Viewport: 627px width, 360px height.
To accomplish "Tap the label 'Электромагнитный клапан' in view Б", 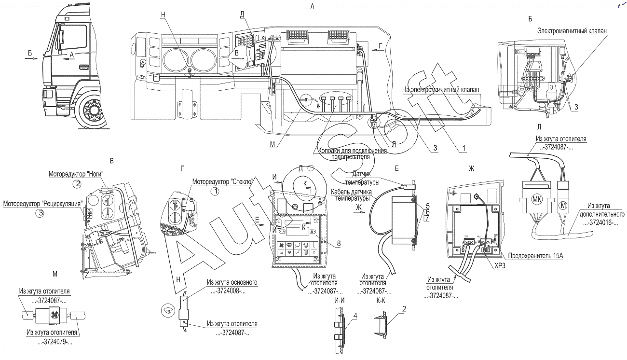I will point(572,30).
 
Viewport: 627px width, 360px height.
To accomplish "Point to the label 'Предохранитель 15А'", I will point(535,255).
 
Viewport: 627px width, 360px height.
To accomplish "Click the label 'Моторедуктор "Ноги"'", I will point(76,174).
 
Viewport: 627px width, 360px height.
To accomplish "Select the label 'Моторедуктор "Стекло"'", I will point(223,182).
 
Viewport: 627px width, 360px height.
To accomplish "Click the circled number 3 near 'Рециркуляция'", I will point(41,213).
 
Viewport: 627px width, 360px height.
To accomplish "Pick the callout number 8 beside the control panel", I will point(339,243).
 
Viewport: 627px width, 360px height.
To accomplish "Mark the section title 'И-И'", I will point(340,301).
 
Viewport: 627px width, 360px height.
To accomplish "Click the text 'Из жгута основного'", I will point(232,282).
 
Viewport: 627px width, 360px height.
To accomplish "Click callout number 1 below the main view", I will point(464,148).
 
